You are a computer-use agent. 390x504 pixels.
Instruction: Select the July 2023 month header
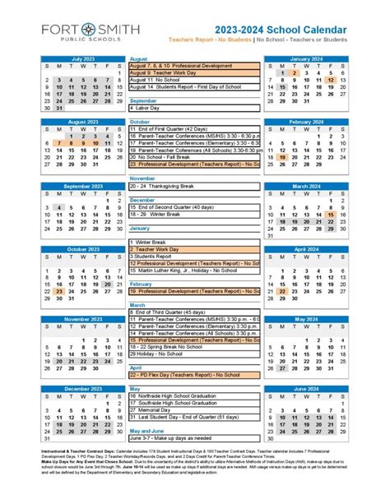pyautogui.click(x=84, y=59)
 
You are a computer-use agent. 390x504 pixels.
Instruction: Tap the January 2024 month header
pyautogui.click(x=305, y=59)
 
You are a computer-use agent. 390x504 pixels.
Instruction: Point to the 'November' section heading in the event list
pyautogui.click(x=143, y=178)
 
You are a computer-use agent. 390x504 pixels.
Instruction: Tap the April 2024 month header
pyautogui.click(x=305, y=248)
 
